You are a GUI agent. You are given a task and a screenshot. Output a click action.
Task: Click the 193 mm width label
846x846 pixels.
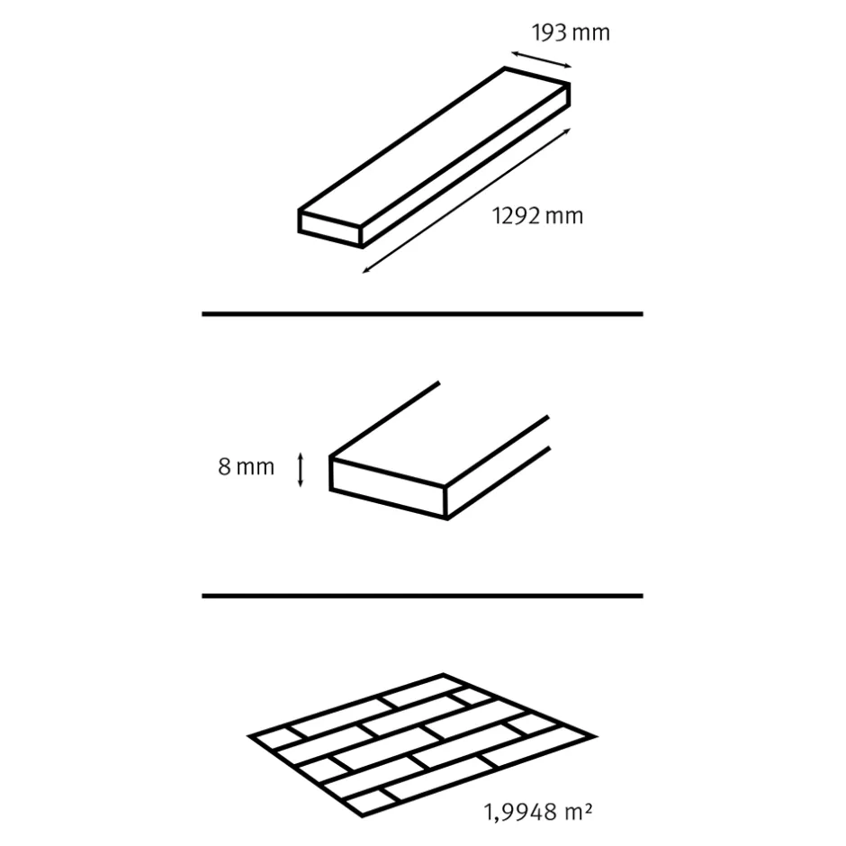[x=571, y=33]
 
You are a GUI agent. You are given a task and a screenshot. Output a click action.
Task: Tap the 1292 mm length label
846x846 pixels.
[x=538, y=216]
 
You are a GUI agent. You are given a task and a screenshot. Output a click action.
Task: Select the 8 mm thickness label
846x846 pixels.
[x=246, y=467]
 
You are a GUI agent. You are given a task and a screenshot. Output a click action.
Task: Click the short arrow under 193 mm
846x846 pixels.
[x=541, y=60]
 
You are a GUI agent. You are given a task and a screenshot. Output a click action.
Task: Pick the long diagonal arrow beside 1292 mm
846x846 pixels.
[x=466, y=201]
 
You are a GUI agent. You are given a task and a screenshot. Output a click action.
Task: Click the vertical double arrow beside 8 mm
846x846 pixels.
[x=301, y=470]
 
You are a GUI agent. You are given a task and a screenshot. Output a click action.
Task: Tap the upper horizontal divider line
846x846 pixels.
[x=422, y=313]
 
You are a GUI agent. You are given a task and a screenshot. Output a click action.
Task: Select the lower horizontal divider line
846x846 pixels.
[x=422, y=596]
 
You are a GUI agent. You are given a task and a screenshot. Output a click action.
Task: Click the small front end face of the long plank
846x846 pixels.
[x=330, y=229]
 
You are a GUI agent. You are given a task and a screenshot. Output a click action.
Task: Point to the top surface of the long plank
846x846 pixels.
[x=435, y=146]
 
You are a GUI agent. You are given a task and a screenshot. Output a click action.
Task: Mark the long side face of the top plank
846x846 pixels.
[x=465, y=166]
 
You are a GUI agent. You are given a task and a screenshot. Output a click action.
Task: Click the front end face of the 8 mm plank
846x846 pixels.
[x=388, y=488]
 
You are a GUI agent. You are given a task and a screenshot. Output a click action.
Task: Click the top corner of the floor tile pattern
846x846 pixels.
[x=443, y=674]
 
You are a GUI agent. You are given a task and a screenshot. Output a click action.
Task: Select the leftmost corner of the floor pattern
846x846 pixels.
[x=248, y=735]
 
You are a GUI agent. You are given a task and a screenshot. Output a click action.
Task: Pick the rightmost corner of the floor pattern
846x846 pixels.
[x=596, y=736]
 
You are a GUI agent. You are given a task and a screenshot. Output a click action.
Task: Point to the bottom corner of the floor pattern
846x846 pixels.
[x=362, y=815]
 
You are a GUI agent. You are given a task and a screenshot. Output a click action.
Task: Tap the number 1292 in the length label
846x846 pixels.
[x=517, y=216]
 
